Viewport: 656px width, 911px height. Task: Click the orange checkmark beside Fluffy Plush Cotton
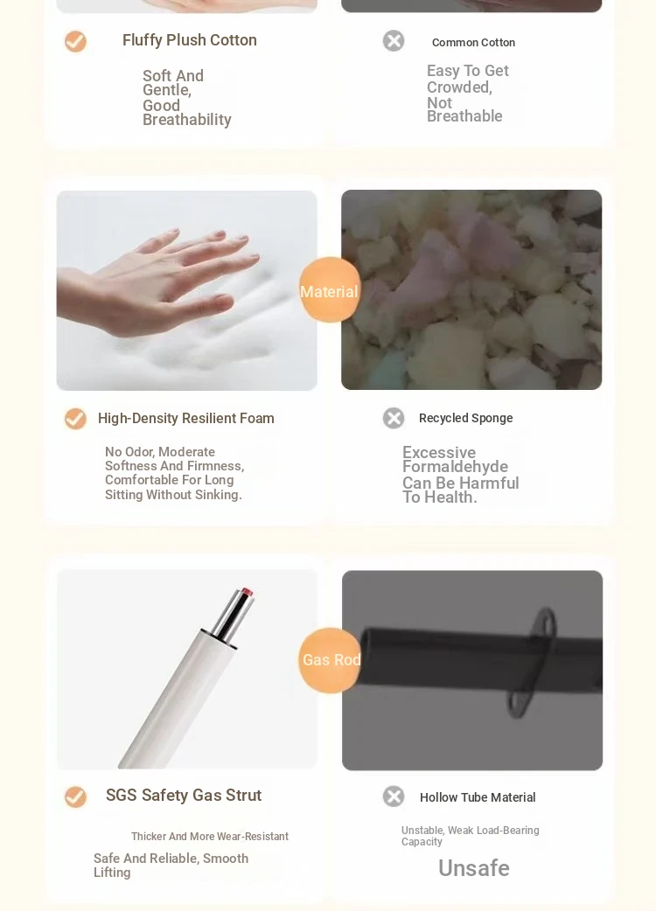pyautogui.click(x=75, y=41)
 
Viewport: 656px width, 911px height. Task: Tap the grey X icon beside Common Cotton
pyautogui.click(x=394, y=41)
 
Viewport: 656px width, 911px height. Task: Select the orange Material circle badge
pyautogui.click(x=330, y=290)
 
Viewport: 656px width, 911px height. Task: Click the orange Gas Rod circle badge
pyautogui.click(x=330, y=660)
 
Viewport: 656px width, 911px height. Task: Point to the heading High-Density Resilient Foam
pyautogui.click(x=186, y=418)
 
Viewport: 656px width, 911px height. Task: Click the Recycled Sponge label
pyautogui.click(x=466, y=418)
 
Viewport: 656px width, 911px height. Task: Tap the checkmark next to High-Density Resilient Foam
pyautogui.click(x=75, y=418)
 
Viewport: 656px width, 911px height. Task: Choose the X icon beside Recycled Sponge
pyautogui.click(x=394, y=418)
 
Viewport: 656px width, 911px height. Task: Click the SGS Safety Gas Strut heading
pyautogui.click(x=184, y=796)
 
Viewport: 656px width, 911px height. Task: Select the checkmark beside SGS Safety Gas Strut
pyautogui.click(x=75, y=796)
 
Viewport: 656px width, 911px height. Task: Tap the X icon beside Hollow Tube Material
pyautogui.click(x=394, y=796)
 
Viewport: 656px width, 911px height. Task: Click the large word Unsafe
pyautogui.click(x=474, y=868)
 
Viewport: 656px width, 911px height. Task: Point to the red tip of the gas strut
pyautogui.click(x=248, y=592)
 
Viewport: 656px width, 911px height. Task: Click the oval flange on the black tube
pyautogui.click(x=533, y=663)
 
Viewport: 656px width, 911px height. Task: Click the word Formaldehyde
pyautogui.click(x=455, y=467)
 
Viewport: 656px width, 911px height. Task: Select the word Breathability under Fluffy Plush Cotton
pyautogui.click(x=187, y=120)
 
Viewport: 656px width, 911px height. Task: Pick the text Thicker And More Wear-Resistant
pyautogui.click(x=210, y=837)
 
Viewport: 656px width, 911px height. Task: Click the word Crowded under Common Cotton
pyautogui.click(x=458, y=87)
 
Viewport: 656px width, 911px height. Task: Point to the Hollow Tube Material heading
pyautogui.click(x=478, y=797)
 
